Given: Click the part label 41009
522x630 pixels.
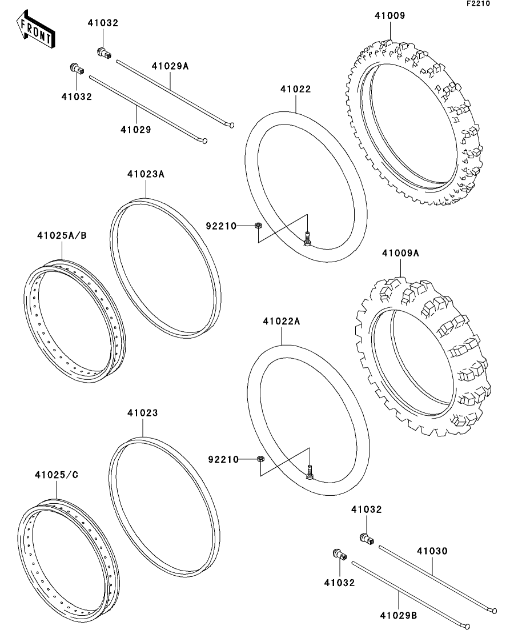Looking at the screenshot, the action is click(x=390, y=15).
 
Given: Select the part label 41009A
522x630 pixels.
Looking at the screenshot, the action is click(x=400, y=253).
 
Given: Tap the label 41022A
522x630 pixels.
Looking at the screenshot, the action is click(x=282, y=322).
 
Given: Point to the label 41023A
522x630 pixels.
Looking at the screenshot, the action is click(x=146, y=174).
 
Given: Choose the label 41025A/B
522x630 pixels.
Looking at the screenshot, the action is click(x=62, y=235).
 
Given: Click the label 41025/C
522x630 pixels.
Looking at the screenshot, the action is click(x=57, y=475).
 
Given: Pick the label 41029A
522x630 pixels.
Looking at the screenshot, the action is click(x=170, y=66).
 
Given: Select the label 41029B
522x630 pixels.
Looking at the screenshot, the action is click(x=398, y=615).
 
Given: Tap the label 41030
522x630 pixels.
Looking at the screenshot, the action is click(x=432, y=551).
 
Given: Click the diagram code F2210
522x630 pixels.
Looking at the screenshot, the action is click(x=478, y=3).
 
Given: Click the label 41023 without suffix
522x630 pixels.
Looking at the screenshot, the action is click(x=143, y=412).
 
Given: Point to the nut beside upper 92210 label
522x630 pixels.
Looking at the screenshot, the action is click(x=258, y=226).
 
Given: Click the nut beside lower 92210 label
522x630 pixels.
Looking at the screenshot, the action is click(x=260, y=459).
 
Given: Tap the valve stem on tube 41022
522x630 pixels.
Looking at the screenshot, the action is click(x=307, y=239).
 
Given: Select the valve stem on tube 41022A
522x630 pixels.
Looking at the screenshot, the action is click(x=310, y=472).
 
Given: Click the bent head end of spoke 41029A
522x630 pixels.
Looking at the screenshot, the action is click(x=231, y=125).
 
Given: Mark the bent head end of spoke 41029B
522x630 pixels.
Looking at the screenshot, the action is click(x=466, y=626).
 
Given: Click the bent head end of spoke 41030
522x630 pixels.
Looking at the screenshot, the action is click(x=494, y=611).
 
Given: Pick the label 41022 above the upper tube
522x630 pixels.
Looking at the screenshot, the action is click(x=296, y=89).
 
